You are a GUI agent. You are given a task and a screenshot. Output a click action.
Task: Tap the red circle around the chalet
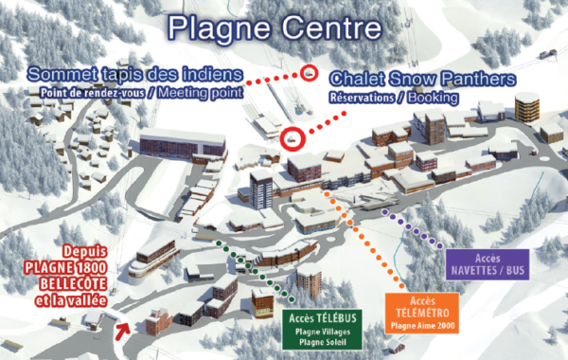click(x=293, y=138)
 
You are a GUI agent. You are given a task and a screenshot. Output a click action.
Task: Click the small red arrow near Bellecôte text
click(x=122, y=330)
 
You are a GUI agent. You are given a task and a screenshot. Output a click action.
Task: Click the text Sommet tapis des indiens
click(x=136, y=73)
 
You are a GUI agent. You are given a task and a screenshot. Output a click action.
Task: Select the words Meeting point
click(x=201, y=92)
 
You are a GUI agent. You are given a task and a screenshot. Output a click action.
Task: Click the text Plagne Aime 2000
click(x=422, y=326)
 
